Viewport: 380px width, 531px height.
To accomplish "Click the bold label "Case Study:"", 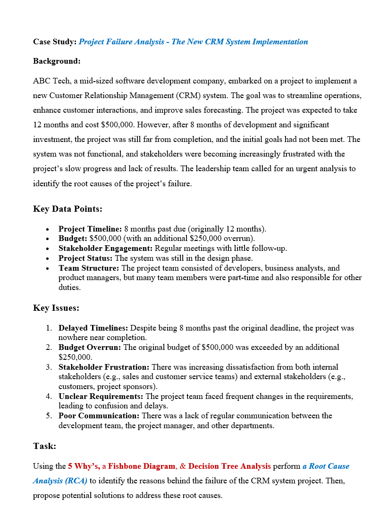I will point(54,42).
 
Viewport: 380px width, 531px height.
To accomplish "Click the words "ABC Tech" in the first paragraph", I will point(49,81).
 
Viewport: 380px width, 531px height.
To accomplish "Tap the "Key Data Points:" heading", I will point(68,209).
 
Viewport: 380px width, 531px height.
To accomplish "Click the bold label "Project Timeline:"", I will point(90,229).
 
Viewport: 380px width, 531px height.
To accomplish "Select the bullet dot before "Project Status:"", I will point(48,259).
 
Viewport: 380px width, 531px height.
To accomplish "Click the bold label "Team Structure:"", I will point(89,268).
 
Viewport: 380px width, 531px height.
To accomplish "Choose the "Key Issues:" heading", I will point(56,308).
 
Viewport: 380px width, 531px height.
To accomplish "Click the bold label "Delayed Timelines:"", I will point(93,328).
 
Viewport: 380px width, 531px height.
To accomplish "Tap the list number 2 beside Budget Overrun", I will point(49,348).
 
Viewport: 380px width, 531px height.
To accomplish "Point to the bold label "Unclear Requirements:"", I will point(101,396).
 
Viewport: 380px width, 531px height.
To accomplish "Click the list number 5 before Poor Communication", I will point(49,416).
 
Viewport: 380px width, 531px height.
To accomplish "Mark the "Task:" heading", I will point(44,446).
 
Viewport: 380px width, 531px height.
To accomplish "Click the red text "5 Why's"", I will point(83,466).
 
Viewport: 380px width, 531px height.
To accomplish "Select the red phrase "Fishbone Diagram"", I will point(142,466).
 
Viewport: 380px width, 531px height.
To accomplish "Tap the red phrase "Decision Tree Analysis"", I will point(229,466).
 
